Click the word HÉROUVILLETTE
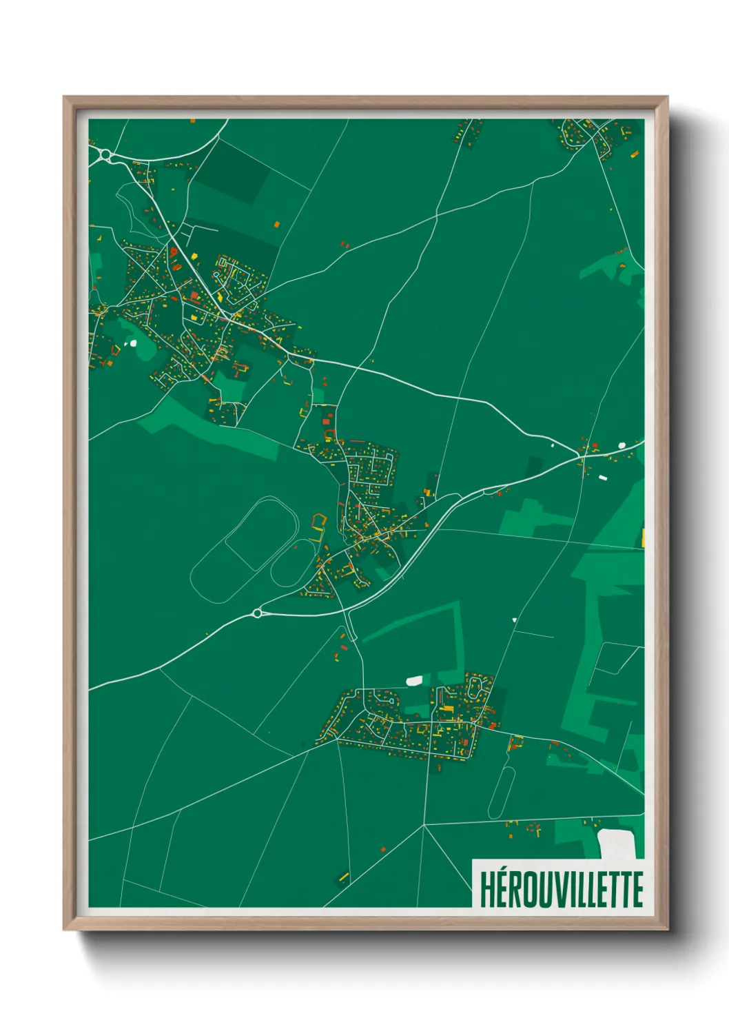click(x=561, y=890)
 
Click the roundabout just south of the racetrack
click(x=258, y=613)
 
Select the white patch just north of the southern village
click(x=414, y=681)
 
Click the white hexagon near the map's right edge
click(x=622, y=445)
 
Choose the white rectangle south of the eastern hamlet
click(x=602, y=477)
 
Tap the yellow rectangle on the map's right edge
click(x=643, y=538)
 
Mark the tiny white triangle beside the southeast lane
click(x=514, y=620)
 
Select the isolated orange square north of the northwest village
click(x=277, y=224)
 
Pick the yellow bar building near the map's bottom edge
click(x=343, y=877)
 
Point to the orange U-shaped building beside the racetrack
click(x=318, y=522)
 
